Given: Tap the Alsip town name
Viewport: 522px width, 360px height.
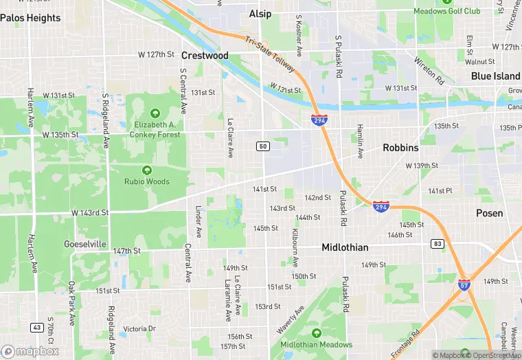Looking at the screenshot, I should click(x=260, y=14).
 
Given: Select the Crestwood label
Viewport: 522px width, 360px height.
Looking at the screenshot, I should click(x=205, y=55).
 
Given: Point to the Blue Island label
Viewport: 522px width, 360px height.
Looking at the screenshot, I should click(x=496, y=76).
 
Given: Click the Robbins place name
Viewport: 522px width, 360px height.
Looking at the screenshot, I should click(x=400, y=148).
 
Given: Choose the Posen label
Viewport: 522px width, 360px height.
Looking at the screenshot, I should click(x=489, y=213).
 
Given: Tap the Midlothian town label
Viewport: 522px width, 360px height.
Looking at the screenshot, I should click(x=345, y=247).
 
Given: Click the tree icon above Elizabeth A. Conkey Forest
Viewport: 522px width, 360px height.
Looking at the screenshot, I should click(x=155, y=113).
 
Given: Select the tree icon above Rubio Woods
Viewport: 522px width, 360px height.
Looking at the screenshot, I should click(x=146, y=170).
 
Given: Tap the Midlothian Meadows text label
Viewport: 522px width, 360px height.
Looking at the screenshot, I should click(x=317, y=344).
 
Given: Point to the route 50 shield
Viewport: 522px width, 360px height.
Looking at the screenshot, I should click(x=263, y=146).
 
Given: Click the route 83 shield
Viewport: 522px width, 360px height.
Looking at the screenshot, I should click(x=438, y=244).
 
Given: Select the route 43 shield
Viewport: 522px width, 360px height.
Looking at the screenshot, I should click(x=37, y=327).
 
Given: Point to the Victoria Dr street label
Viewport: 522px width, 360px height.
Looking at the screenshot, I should click(x=139, y=329).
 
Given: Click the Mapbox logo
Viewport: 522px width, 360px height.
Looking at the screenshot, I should click(x=30, y=351).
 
